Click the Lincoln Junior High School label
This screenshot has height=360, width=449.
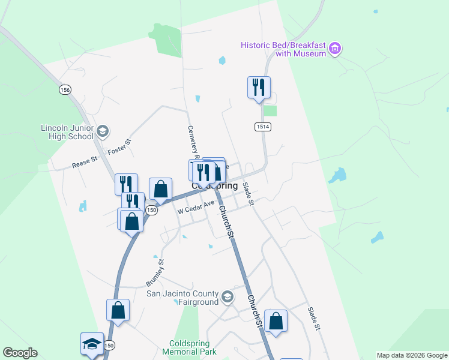(x=67, y=132)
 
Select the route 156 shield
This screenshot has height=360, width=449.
(x=65, y=89)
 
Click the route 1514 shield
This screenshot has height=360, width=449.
(x=261, y=127)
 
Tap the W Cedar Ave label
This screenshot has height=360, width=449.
(x=196, y=208)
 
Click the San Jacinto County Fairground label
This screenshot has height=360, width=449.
(x=183, y=298)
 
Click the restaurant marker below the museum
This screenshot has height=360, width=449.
(x=259, y=87)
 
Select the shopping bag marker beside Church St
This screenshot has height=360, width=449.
(x=276, y=321)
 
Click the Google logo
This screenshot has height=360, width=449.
(x=20, y=353)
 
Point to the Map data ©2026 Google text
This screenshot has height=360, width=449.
(x=412, y=355)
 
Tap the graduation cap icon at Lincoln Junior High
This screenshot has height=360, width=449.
(x=102, y=131)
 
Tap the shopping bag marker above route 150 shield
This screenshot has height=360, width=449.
(x=161, y=189)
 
